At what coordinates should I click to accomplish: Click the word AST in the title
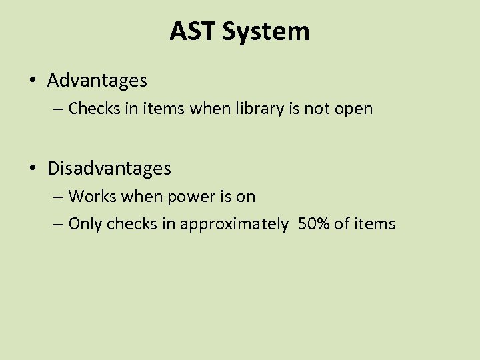click(194, 31)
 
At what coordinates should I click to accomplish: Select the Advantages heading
click(97, 81)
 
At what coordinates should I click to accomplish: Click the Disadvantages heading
click(109, 169)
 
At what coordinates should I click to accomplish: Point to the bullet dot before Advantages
click(33, 81)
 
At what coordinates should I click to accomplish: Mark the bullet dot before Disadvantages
click(33, 169)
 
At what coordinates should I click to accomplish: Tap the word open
click(353, 109)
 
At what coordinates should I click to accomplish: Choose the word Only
click(84, 224)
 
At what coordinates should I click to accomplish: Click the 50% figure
click(314, 224)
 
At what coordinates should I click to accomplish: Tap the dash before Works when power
click(58, 197)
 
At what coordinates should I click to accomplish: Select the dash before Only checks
click(58, 225)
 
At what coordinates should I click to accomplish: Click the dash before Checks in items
click(58, 109)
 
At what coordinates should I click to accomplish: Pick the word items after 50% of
click(375, 224)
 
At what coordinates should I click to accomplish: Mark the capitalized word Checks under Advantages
click(91, 108)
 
